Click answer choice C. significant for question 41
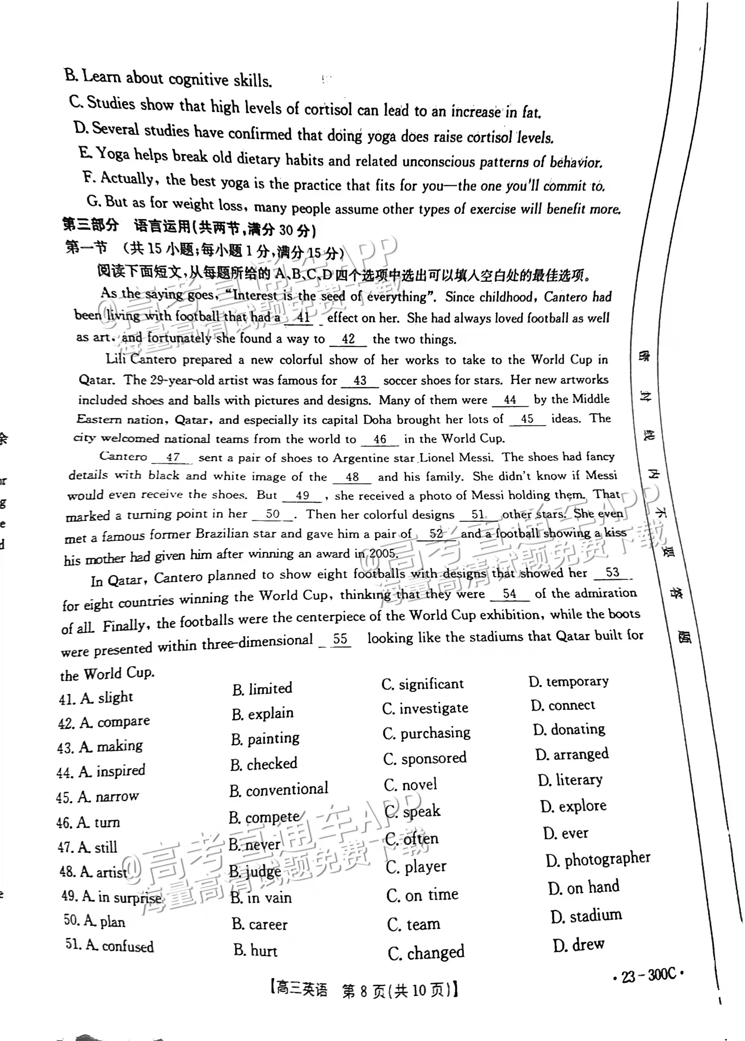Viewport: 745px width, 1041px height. (422, 685)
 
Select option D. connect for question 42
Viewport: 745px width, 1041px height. (562, 705)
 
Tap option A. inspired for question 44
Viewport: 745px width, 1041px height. (100, 771)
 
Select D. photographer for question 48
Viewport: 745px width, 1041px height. (598, 859)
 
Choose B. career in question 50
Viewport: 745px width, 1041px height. (259, 924)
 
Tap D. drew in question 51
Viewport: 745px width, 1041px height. (579, 945)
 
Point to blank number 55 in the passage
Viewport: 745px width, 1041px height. (340, 639)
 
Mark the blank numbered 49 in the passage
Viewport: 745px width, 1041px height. (302, 496)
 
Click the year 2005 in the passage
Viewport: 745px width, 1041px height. (382, 554)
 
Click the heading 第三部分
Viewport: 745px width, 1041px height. (90, 225)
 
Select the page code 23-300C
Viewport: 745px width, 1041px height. (649, 975)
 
